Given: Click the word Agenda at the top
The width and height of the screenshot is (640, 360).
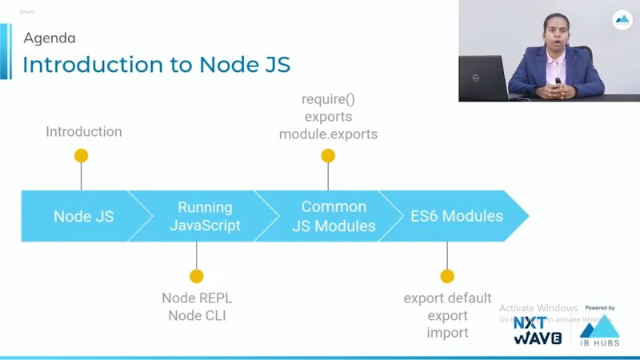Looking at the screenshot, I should pos(50,38).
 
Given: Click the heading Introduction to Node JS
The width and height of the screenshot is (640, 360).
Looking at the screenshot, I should pos(156,64).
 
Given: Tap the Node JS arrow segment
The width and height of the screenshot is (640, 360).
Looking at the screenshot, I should pos(83,216).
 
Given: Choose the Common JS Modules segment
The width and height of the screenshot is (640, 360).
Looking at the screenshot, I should pos(333,216).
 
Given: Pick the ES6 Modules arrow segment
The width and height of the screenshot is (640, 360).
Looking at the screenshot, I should pos(457,216).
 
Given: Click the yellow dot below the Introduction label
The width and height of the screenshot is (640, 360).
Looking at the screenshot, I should pos(81,156).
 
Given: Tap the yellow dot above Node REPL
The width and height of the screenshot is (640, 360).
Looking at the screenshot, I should pos(197,276).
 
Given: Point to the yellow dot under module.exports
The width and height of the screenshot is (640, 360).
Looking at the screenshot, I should pos(328,156).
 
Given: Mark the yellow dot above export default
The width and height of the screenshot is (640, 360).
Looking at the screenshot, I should pos(447,276).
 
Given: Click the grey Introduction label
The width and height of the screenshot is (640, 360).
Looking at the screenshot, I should pos(84,131).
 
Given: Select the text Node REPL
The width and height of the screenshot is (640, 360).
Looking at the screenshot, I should pos(197,298).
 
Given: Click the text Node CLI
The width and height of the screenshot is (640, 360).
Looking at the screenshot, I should pos(197,315).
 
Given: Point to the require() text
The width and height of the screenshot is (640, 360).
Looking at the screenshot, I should pos(328,100).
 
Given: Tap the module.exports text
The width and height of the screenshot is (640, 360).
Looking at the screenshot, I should pos(328,134).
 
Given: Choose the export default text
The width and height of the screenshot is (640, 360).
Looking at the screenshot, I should pos(447,298).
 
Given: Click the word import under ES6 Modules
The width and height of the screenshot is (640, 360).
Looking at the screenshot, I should pos(447,333).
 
